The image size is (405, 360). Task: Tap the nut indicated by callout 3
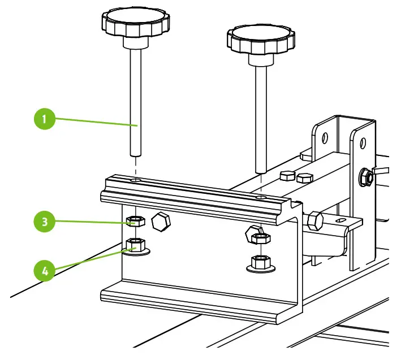(135, 221)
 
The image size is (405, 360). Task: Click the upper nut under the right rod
(258, 237)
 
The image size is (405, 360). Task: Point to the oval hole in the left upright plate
(325, 138)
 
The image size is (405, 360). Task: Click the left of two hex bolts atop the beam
(287, 176)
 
